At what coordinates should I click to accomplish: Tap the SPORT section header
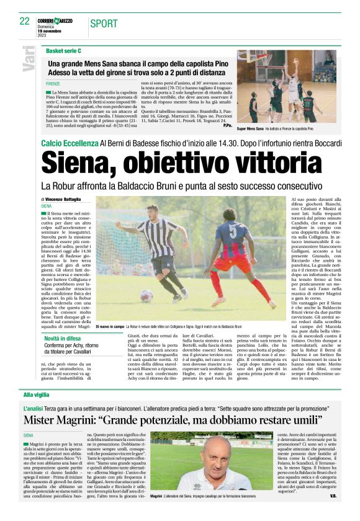[x=104, y=24]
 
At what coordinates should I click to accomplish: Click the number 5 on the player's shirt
[x=233, y=231]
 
